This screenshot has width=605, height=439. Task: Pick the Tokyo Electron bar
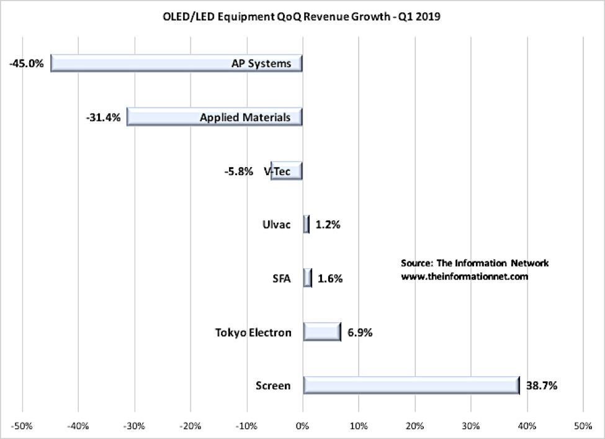click(x=322, y=332)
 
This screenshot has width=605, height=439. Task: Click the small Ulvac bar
click(x=306, y=224)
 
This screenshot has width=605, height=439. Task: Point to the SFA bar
click(x=307, y=278)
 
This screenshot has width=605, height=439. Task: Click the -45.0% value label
click(x=27, y=63)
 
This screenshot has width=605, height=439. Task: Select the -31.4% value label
click(x=104, y=117)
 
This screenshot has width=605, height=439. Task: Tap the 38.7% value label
click(x=542, y=386)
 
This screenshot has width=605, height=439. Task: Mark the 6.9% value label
click(x=358, y=332)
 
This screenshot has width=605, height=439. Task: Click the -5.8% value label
click(x=238, y=171)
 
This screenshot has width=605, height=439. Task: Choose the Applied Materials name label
click(x=245, y=117)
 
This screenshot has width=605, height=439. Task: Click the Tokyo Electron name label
click(x=253, y=332)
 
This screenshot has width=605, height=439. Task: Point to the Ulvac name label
click(x=277, y=225)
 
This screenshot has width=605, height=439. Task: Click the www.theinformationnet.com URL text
click(x=464, y=276)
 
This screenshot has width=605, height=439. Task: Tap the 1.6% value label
click(x=329, y=278)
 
